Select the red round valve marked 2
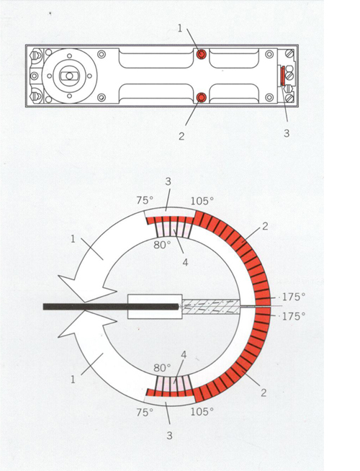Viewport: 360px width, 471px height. (x=201, y=97)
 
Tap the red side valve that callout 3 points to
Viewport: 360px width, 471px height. (x=283, y=76)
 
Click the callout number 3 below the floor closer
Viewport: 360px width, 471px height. (x=287, y=133)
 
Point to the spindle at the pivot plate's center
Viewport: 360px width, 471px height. (x=69, y=76)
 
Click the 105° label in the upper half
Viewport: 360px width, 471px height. (x=202, y=201)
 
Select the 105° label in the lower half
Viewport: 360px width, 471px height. (x=202, y=411)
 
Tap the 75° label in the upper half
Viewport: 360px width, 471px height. (x=145, y=200)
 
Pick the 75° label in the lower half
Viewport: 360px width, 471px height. (x=145, y=412)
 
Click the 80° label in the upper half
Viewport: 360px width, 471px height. (x=162, y=245)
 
